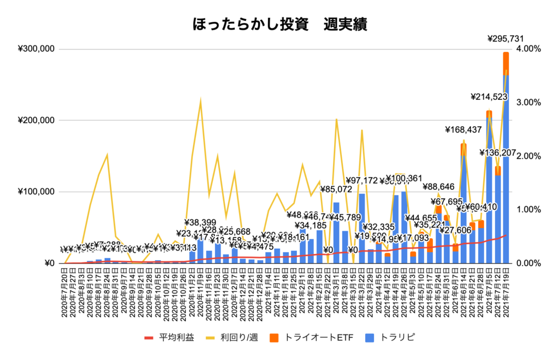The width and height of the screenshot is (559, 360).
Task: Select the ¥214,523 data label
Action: click(489, 97)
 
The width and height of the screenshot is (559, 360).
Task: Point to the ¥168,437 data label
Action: click(463, 130)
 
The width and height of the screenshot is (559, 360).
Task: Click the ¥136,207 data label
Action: click(498, 153)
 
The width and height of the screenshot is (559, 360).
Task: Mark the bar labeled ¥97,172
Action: click(361, 229)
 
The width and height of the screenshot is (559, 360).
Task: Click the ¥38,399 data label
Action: click(200, 223)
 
